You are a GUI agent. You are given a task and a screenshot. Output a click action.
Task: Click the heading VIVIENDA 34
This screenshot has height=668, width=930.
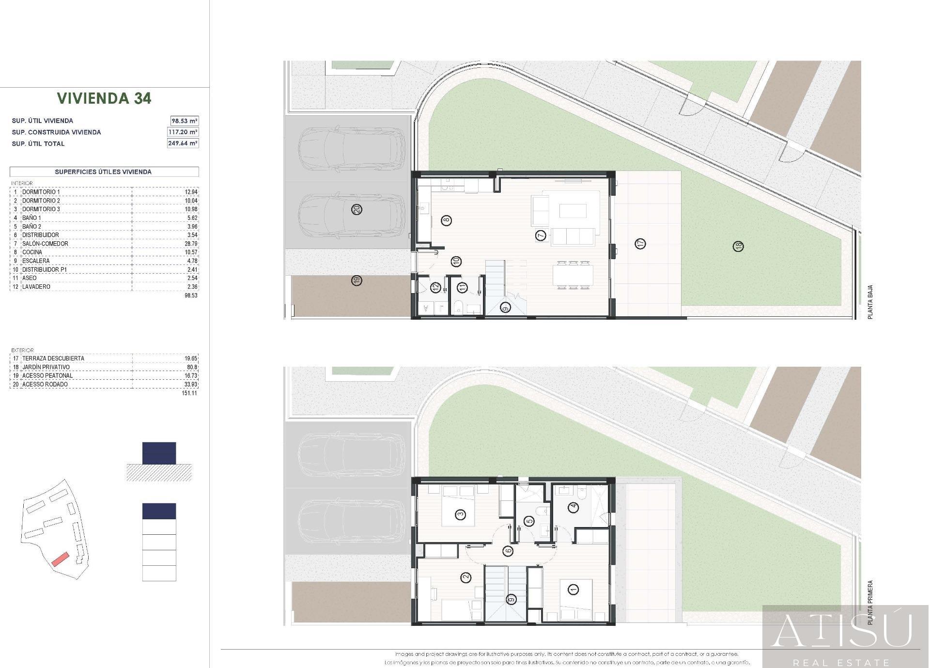pyautogui.click(x=104, y=98)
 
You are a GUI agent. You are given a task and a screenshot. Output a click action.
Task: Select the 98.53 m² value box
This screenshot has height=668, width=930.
pyautogui.click(x=184, y=121)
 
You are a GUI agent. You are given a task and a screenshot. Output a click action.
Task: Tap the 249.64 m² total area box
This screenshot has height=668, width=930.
pyautogui.click(x=183, y=143)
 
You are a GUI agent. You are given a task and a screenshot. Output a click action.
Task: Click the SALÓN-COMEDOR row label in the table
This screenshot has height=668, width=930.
pyautogui.click(x=45, y=244)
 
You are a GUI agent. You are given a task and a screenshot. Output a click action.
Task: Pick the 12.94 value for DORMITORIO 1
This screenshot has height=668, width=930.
pyautogui.click(x=191, y=192)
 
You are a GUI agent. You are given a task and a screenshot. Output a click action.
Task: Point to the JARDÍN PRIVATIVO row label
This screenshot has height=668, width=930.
pyautogui.click(x=46, y=367)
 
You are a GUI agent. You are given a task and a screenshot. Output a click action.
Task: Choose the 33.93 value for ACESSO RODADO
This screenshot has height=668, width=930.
pyautogui.click(x=191, y=385)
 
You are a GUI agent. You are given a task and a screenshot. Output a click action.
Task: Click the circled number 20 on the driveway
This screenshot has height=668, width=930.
pyautogui.click(x=357, y=210)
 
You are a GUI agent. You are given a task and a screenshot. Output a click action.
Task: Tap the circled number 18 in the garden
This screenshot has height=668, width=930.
pyautogui.click(x=738, y=247)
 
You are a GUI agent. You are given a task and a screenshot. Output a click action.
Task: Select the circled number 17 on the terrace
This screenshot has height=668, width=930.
pyautogui.click(x=640, y=243)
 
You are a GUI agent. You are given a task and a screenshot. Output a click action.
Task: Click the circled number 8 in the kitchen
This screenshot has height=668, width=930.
pyautogui.click(x=446, y=220)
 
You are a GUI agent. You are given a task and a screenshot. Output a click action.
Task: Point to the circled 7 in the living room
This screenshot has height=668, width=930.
pyautogui.click(x=541, y=235)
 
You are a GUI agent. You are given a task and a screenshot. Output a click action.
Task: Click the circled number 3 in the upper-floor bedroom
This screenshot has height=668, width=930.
pyautogui.click(x=460, y=514)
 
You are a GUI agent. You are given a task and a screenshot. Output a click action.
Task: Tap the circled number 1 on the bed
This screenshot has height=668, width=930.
pyautogui.click(x=573, y=590)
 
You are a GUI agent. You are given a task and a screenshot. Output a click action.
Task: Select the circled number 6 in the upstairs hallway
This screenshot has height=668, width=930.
pyautogui.click(x=508, y=551)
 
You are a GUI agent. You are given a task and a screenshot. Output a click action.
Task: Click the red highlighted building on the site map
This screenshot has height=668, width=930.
pyautogui.click(x=61, y=559)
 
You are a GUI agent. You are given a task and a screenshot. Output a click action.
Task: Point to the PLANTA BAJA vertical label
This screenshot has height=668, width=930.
pyautogui.click(x=870, y=302)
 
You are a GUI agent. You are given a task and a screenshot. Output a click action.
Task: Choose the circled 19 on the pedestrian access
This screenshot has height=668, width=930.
pyautogui.click(x=357, y=280)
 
